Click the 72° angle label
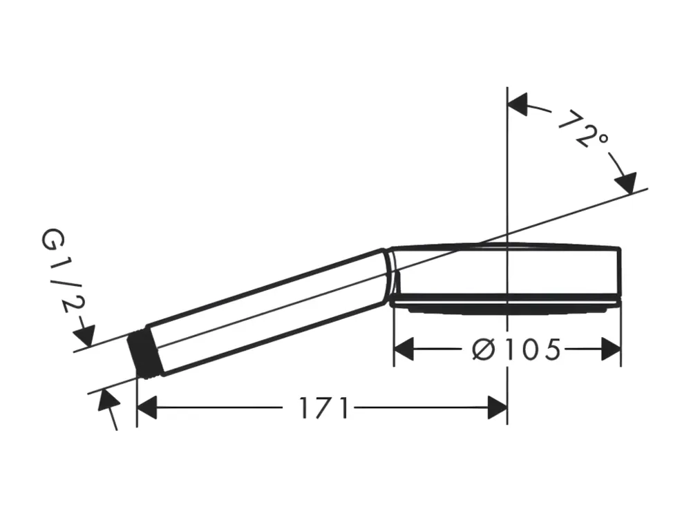tap(583, 128)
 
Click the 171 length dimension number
tap(324, 408)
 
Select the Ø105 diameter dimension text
tap(516, 349)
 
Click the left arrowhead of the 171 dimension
tap(146, 407)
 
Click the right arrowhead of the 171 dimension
tap(498, 407)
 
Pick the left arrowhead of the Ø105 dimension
tap(404, 349)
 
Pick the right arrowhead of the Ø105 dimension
tap(611, 349)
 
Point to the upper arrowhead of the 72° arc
tap(518, 104)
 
